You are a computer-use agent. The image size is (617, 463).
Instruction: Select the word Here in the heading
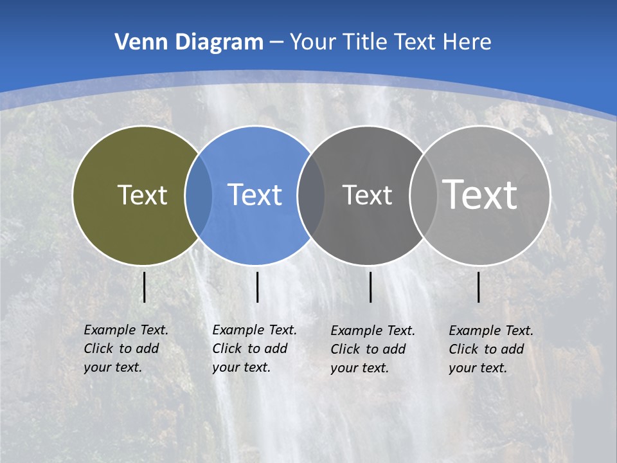pos(467,42)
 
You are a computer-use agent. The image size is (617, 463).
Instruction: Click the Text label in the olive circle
pos(142,195)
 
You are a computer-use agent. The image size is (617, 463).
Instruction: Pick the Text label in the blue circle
pos(255,195)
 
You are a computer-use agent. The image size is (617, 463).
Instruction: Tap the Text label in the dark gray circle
pos(367,195)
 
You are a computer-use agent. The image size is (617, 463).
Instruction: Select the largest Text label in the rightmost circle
pos(480,194)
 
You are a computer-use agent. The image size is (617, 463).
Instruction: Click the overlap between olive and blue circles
pos(199,195)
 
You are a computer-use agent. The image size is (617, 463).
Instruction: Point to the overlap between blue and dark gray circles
pos(311,195)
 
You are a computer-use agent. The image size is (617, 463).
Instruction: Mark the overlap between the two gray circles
pos(421,195)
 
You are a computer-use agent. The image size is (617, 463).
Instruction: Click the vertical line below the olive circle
pos(144,287)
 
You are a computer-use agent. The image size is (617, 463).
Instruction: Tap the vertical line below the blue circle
pos(257,287)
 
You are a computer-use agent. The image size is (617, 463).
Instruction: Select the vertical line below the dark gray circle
pos(370,287)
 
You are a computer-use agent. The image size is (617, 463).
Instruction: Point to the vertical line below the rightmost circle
pos(479,287)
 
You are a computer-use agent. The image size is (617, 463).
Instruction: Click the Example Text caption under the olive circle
pos(125,349)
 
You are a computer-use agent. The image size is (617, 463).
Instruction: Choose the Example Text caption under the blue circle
pos(254,349)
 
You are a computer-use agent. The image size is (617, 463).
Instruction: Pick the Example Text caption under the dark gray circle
pos(372,349)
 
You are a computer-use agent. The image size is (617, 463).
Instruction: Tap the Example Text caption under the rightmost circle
pos(490,349)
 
